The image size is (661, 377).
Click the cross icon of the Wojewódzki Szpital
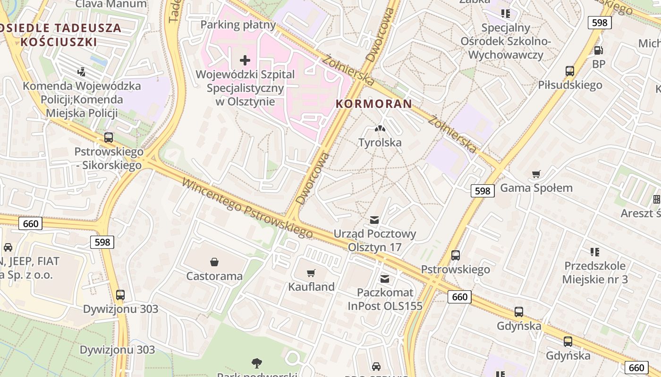coord(245,60)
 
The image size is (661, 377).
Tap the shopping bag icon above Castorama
coord(214,262)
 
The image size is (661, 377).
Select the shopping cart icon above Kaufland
coord(311,273)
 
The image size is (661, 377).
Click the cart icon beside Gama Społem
coord(536,174)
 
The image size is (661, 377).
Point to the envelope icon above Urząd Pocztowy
coord(374,220)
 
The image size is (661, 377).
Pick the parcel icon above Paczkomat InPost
coord(385,279)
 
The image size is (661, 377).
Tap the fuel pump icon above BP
coord(598,50)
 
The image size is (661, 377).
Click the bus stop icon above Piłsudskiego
coord(570,71)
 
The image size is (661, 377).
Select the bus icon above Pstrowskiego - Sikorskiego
coord(109,138)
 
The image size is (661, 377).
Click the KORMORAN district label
coord(374,104)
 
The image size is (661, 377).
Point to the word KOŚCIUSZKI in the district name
coord(59,42)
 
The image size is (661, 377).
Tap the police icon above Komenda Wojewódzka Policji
coord(81,72)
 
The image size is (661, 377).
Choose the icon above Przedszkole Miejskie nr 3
coord(595,252)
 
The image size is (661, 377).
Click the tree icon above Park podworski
coord(257,363)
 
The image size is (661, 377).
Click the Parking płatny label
coord(238,25)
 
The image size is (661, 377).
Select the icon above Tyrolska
coord(380,128)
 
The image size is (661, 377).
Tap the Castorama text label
coord(214,276)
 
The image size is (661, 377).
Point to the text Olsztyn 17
coord(374,247)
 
